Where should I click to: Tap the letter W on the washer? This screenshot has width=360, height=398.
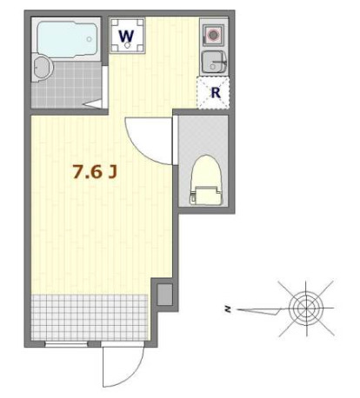pos(127,36)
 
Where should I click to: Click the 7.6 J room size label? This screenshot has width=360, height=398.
pos(95,172)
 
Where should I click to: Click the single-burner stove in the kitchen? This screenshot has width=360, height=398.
pos(213,36)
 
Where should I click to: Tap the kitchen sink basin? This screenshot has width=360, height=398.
pos(213,62)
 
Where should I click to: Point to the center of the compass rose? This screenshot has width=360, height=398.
pos(305,307)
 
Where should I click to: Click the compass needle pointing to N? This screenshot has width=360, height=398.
pos(261,308)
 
